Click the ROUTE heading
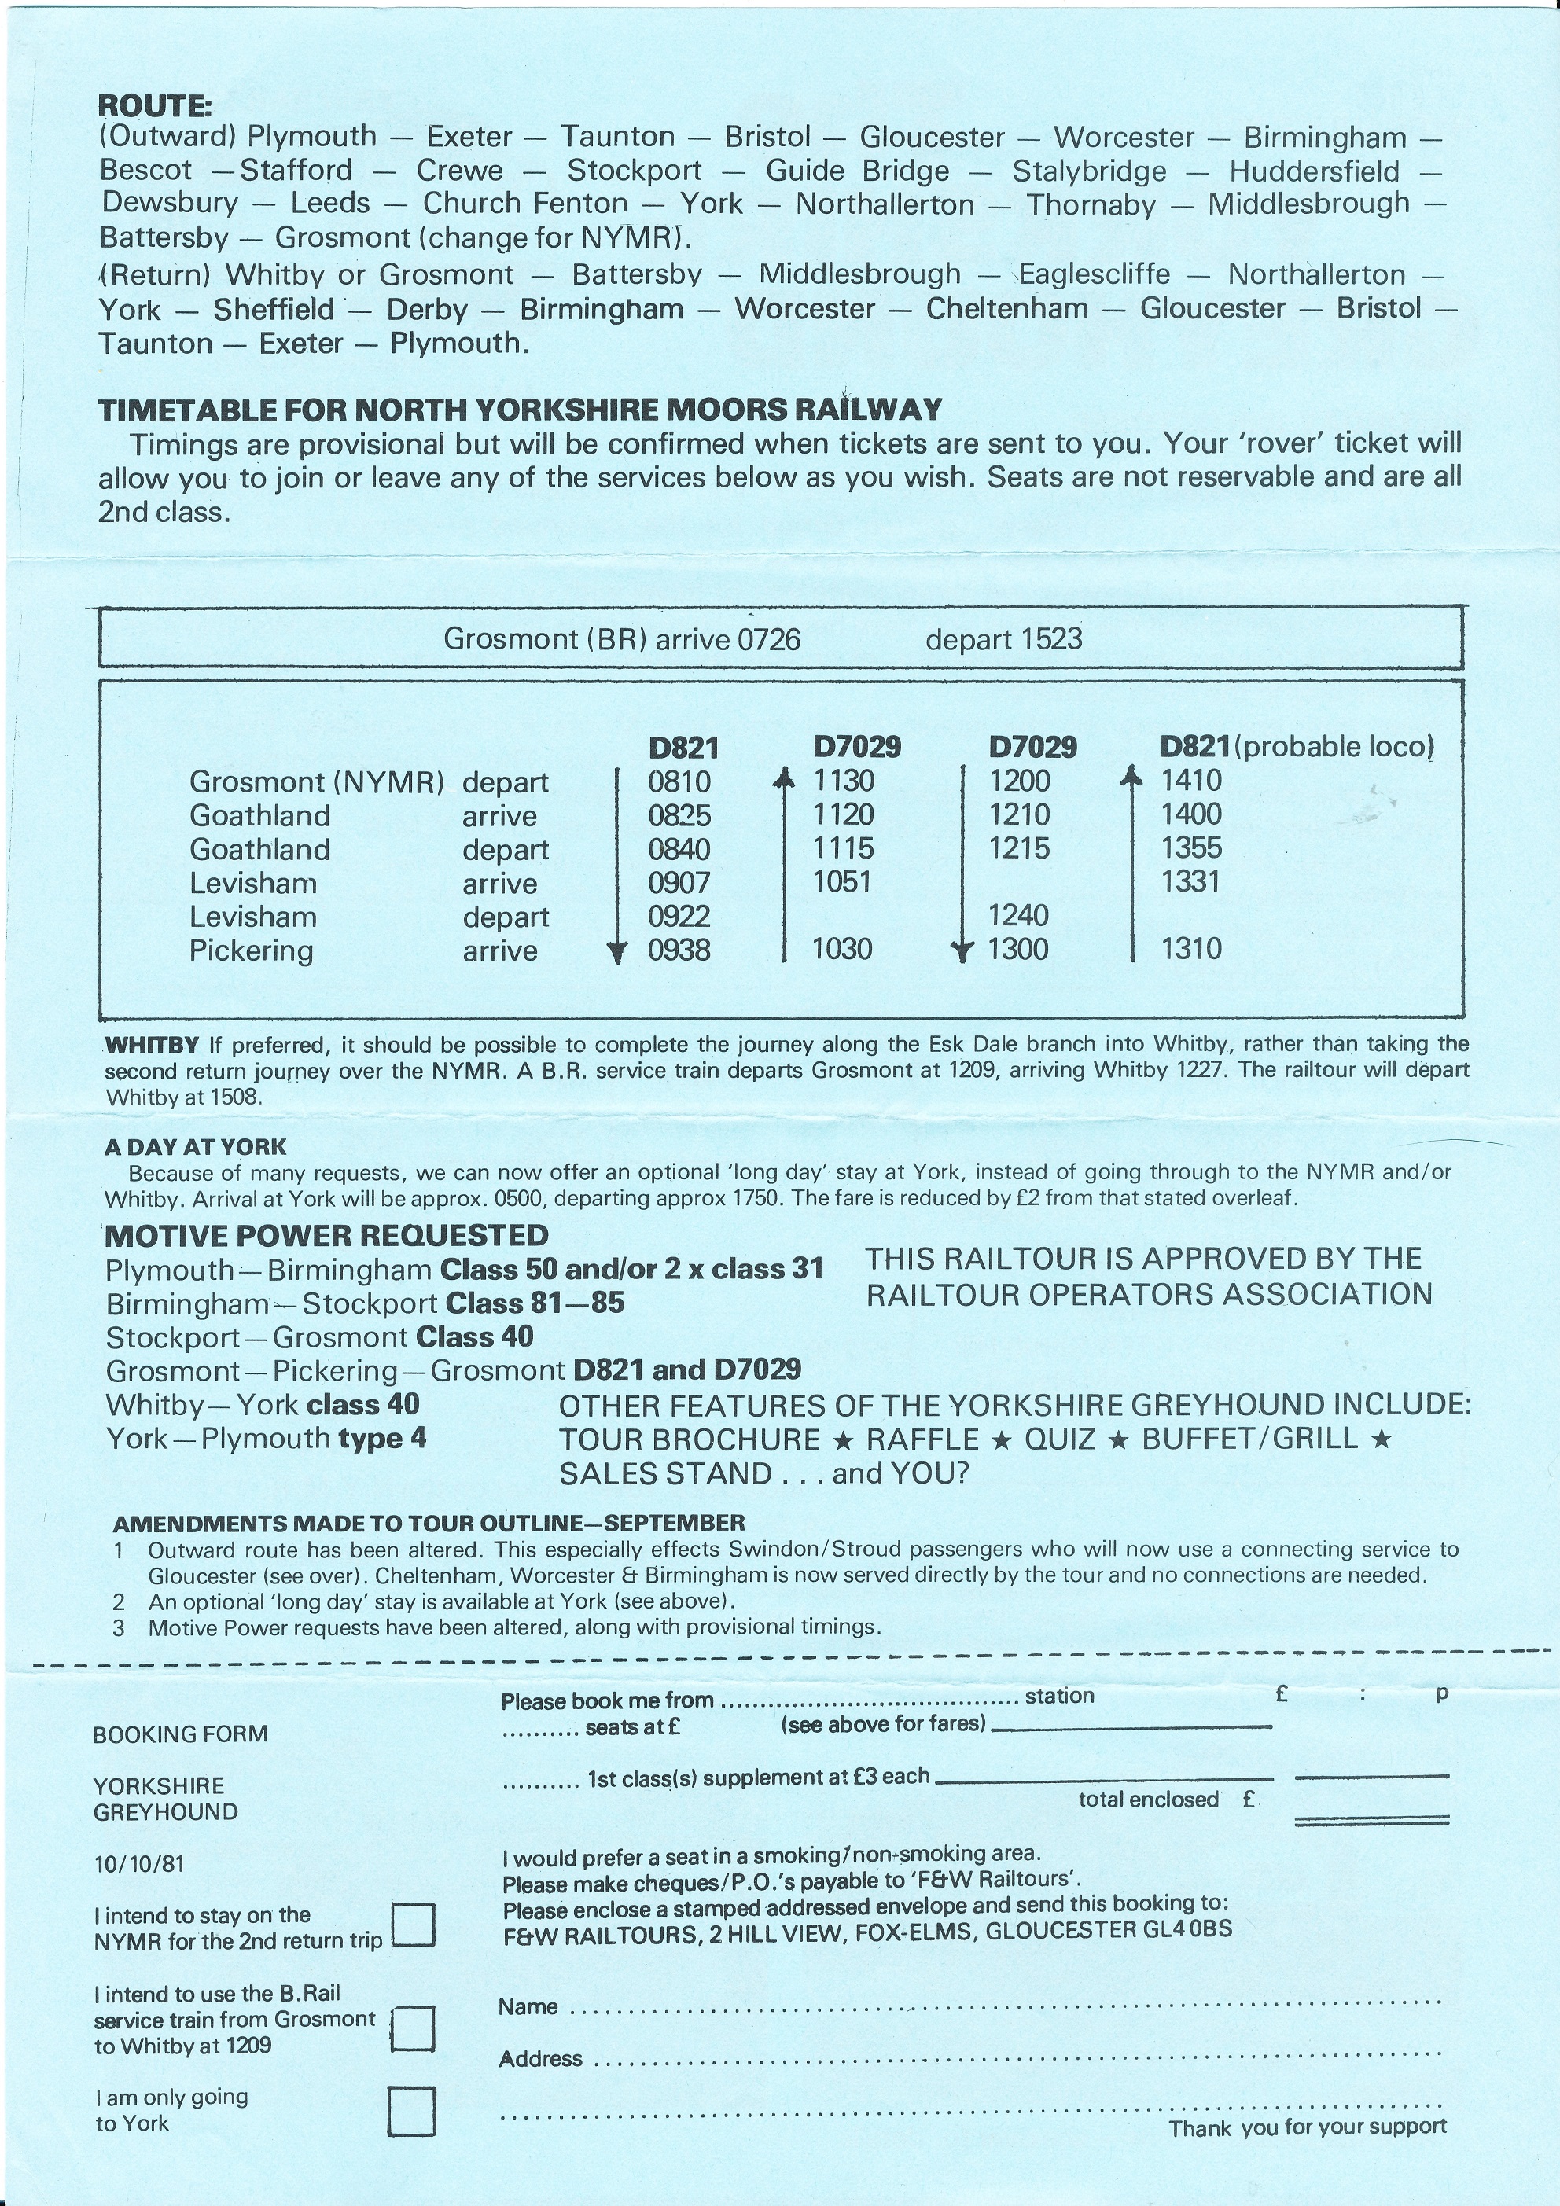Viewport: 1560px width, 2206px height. click(155, 105)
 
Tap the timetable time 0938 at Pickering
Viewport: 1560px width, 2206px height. click(679, 950)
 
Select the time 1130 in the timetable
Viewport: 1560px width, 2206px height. click(844, 781)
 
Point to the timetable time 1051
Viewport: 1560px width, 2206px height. click(842, 882)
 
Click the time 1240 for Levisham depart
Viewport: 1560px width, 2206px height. click(1018, 916)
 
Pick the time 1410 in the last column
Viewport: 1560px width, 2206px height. click(1191, 781)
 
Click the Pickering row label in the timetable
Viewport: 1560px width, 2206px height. click(251, 951)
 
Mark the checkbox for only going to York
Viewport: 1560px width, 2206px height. click(411, 2111)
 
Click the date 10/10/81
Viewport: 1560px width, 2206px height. click(139, 1864)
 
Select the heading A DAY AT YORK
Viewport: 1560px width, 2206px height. click(195, 1146)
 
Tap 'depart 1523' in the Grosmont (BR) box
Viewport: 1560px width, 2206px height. click(1003, 639)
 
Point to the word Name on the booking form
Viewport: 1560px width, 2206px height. click(528, 2007)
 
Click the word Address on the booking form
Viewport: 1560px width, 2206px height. click(540, 2058)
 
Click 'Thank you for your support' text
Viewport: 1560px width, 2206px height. click(1308, 2127)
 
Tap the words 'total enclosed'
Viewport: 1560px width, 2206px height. click(1148, 1800)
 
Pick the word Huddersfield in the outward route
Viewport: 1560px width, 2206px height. click(1314, 172)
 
